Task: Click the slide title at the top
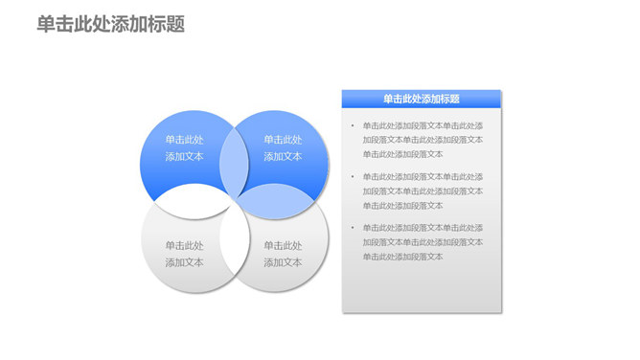[x=110, y=25]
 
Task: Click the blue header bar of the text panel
[x=422, y=98]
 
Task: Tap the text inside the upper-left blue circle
[x=184, y=147]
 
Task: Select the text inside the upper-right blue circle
[x=283, y=147]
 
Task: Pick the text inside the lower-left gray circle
[x=184, y=253]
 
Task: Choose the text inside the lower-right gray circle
[x=283, y=253]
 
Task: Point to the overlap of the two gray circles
[x=233, y=246]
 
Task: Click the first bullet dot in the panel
[x=352, y=125]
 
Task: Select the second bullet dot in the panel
[x=352, y=176]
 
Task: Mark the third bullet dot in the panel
[x=352, y=228]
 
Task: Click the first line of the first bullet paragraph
[x=423, y=125]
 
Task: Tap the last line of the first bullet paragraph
[x=402, y=154]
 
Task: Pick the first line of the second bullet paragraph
[x=423, y=176]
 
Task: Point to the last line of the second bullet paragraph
[x=402, y=205]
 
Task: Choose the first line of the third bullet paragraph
[x=423, y=228]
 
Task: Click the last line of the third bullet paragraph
[x=402, y=257]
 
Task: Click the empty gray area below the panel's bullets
[x=422, y=287]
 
